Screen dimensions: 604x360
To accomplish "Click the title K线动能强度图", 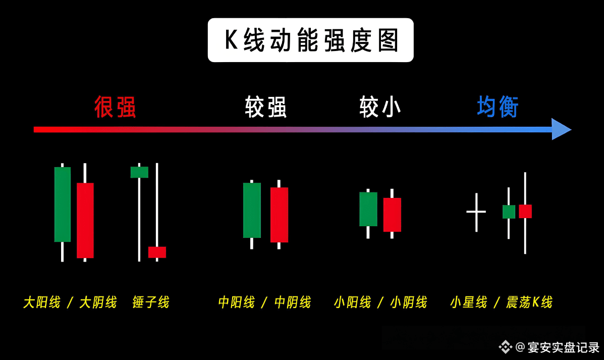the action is [x=311, y=40].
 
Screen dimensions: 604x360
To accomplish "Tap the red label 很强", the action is [x=115, y=107].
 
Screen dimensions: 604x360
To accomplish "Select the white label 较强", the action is [x=266, y=107].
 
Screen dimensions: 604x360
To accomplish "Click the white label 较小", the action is [x=380, y=107].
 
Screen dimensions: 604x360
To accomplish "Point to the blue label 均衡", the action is [x=498, y=107].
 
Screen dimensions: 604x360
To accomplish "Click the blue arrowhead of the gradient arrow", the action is [x=561, y=129].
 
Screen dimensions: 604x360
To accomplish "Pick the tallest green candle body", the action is [x=63, y=204].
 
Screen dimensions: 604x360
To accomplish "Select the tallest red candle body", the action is [x=85, y=220].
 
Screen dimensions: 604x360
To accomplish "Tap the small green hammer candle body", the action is [x=139, y=172].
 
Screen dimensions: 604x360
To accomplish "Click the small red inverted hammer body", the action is [x=157, y=252].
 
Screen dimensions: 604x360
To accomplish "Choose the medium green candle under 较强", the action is [x=252, y=210].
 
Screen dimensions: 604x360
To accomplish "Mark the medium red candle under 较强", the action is [x=279, y=215].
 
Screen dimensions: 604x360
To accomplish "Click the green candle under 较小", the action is [x=368, y=209].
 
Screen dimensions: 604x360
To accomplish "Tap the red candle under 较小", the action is [x=392, y=215].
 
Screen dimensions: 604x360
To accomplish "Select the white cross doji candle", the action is [x=476, y=212].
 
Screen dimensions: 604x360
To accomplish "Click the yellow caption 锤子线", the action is [x=151, y=302].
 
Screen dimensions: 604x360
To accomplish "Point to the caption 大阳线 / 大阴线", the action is [x=70, y=302].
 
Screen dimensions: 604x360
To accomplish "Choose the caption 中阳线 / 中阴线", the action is [x=264, y=302].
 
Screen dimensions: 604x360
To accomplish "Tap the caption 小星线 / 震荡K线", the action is [x=501, y=302].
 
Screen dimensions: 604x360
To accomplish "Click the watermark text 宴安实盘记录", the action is [x=563, y=347].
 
